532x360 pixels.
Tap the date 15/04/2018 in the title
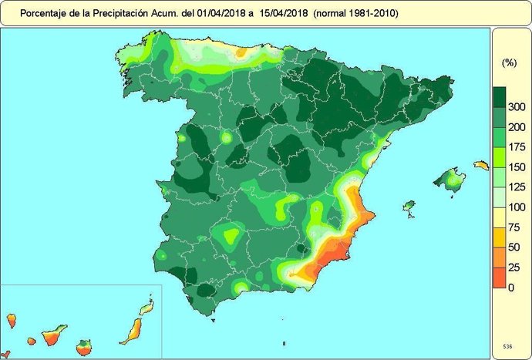(x=284, y=13)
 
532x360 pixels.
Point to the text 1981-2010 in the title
(x=373, y=13)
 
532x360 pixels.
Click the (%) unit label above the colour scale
(x=509, y=62)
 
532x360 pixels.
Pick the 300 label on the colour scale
(x=517, y=106)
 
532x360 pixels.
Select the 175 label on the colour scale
(x=517, y=147)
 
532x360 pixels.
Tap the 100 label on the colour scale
(x=517, y=207)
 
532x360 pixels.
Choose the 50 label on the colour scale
(x=514, y=247)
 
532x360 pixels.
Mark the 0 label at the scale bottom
(x=511, y=288)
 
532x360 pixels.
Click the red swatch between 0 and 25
(x=499, y=278)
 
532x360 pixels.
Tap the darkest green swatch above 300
(x=499, y=96)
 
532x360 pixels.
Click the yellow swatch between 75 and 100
(x=499, y=217)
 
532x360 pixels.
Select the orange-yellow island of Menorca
(x=481, y=165)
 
